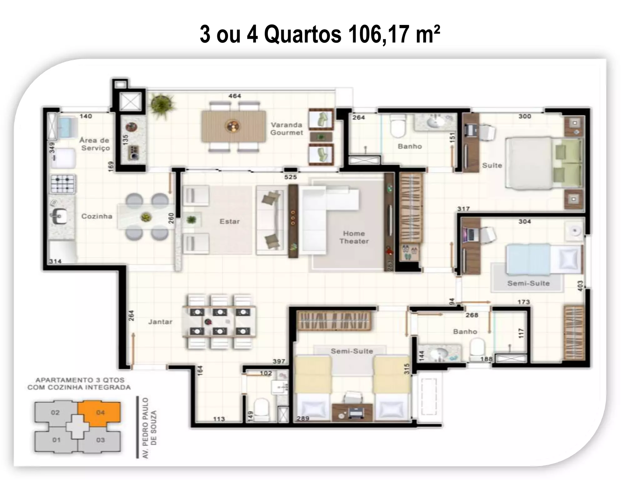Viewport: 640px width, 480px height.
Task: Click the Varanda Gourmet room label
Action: [287, 129]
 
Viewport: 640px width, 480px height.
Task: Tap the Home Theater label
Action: [354, 237]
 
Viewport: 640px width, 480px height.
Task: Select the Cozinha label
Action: [97, 216]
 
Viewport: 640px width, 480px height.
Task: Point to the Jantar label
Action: [160, 322]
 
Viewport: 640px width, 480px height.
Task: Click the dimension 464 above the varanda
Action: [234, 96]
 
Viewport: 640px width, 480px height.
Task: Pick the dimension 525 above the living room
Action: [290, 177]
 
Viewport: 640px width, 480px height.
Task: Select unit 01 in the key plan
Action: [56, 440]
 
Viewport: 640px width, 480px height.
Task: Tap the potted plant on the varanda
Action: [162, 103]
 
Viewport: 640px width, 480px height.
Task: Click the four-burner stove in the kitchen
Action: [63, 184]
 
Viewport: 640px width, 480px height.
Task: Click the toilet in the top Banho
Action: [398, 127]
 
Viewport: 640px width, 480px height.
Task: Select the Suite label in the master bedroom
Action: [492, 165]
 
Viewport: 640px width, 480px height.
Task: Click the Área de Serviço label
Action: [95, 144]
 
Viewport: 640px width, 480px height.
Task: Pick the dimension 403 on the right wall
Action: [580, 286]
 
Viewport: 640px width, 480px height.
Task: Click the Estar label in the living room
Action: [229, 222]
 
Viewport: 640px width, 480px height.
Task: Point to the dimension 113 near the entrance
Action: [219, 419]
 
